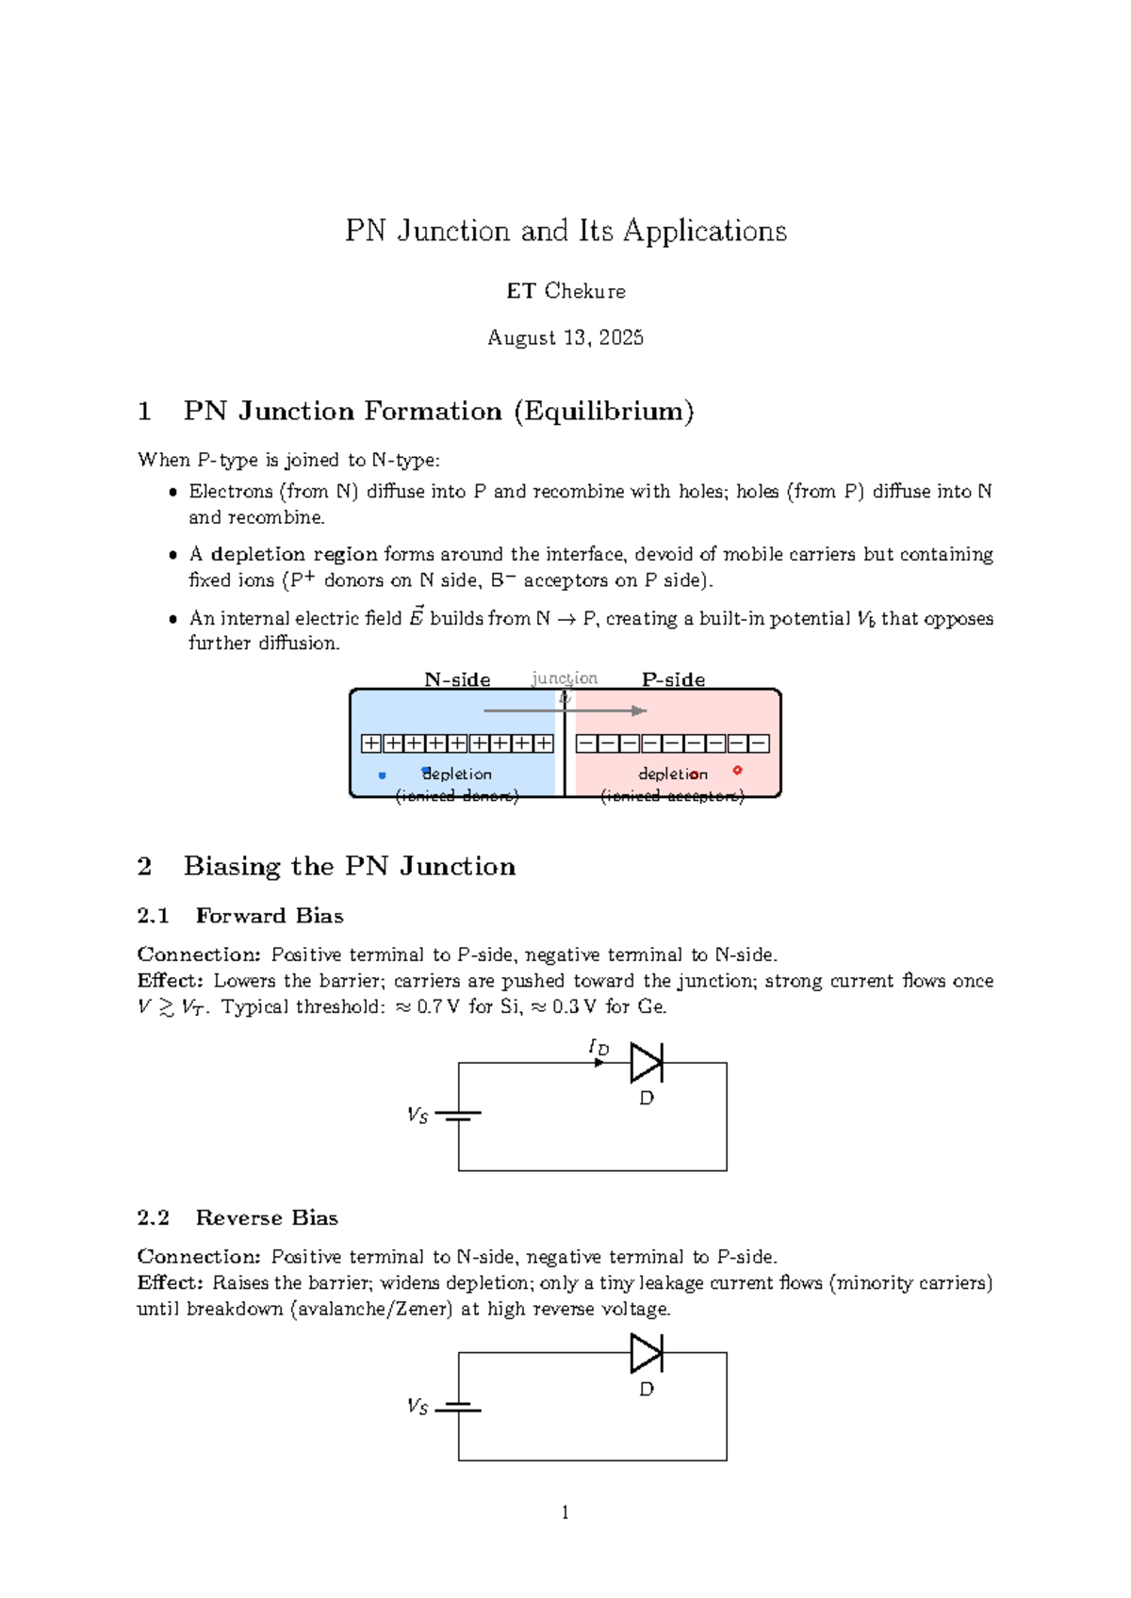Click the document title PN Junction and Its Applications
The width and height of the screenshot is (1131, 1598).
tap(565, 231)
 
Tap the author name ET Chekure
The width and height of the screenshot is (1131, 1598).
tap(565, 291)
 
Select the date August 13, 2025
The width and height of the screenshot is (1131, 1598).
tap(565, 337)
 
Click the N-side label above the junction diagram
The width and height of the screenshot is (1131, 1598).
tap(457, 679)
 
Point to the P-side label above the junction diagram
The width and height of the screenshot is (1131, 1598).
tap(673, 679)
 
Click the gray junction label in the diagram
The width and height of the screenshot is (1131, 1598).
tap(565, 678)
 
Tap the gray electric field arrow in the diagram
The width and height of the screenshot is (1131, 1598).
tap(565, 710)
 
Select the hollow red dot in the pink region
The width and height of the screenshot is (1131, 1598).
tap(737, 770)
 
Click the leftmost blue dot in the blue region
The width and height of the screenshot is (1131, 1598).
tap(382, 775)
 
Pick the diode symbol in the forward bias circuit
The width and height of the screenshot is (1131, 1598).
tap(647, 1063)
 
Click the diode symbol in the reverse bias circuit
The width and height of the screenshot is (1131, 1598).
tap(647, 1353)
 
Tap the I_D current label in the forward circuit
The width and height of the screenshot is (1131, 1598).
tap(598, 1047)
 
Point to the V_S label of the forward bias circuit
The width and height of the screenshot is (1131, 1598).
tap(418, 1116)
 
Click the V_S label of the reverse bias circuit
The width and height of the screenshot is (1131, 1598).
tap(418, 1407)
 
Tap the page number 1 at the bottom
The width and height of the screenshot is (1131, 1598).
tap(565, 1513)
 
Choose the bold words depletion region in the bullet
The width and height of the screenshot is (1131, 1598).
tap(294, 554)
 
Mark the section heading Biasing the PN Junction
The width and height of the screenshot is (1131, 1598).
tap(349, 866)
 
